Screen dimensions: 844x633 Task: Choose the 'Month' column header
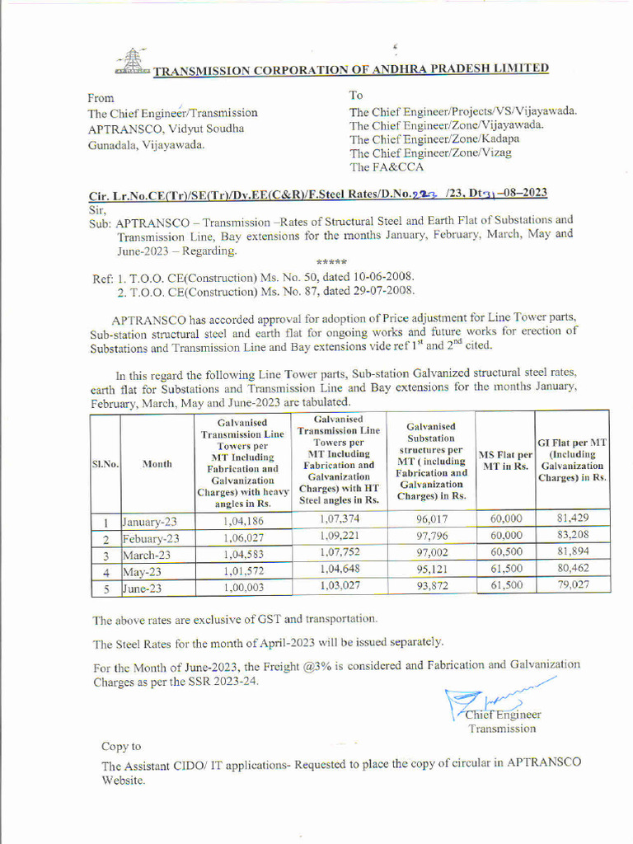click(157, 464)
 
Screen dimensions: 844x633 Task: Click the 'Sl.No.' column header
click(105, 464)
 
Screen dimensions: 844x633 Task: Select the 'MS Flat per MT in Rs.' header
click(506, 461)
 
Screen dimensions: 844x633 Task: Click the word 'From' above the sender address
click(101, 97)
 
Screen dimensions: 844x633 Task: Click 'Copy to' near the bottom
click(121, 746)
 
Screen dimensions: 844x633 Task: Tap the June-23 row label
click(144, 588)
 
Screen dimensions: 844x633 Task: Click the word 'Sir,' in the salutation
click(97, 209)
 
